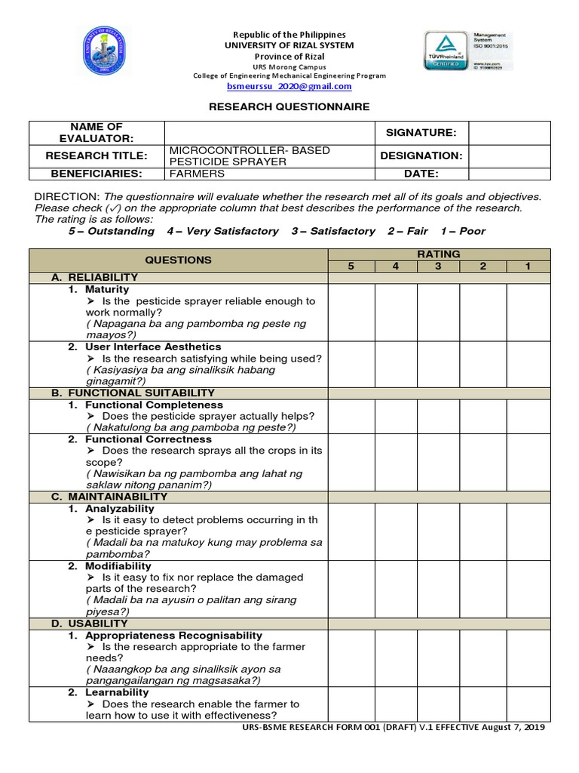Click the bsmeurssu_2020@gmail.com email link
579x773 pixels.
point(289,86)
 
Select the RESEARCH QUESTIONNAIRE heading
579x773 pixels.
point(289,107)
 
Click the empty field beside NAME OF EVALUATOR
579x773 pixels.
point(269,132)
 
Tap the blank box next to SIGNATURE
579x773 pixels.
point(508,132)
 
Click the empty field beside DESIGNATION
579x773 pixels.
point(508,156)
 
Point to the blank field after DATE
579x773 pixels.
point(508,174)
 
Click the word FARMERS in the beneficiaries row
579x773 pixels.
point(197,174)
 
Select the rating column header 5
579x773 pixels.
point(350,266)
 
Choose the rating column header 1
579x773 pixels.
point(528,266)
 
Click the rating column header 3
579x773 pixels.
point(439,266)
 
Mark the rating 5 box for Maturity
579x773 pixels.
point(350,312)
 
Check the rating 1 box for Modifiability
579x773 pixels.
point(528,588)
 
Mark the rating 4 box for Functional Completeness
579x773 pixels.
point(395,416)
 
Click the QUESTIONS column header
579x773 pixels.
point(178,260)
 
